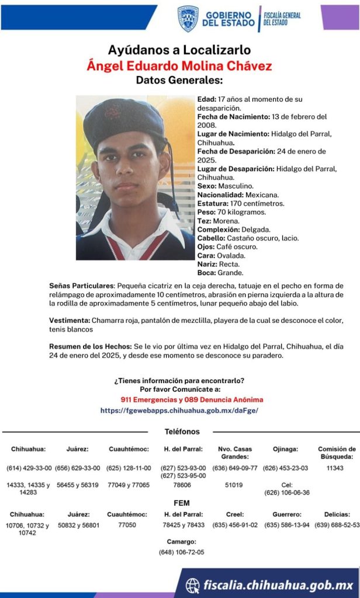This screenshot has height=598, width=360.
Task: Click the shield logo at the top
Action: coord(188,18)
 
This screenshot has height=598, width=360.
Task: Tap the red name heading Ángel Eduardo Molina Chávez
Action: coord(179,65)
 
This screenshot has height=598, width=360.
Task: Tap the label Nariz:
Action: coord(207,264)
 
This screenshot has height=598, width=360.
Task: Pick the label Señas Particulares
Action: coord(81,286)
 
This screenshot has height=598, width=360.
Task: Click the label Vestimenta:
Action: coord(70,321)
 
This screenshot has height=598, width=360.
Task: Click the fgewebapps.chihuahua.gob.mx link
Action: coord(179,411)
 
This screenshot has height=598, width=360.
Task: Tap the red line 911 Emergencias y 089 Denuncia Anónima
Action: coord(192,400)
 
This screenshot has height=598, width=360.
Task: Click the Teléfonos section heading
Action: coord(182,432)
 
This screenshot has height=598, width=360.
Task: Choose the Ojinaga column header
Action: coord(285,449)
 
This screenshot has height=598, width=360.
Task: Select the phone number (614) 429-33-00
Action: coord(29,468)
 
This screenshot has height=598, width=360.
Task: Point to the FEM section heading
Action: coord(182,503)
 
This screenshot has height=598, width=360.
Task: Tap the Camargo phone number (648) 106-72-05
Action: coord(182,552)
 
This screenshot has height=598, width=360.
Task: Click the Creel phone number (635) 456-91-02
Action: coord(235,525)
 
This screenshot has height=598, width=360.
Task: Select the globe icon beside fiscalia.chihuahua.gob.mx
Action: coord(193,585)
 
